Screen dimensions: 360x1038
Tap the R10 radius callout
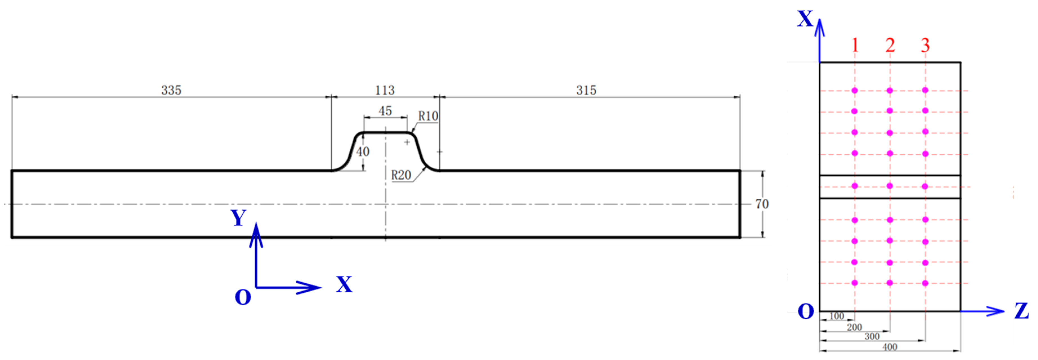tap(428, 116)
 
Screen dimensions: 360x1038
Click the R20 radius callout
tap(401, 175)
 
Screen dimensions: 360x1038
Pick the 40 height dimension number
tap(363, 152)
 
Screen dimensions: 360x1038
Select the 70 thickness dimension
tap(762, 204)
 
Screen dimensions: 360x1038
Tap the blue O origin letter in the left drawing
tap(243, 298)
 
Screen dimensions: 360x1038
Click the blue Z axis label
tap(1021, 311)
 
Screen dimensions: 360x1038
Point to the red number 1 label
tap(855, 45)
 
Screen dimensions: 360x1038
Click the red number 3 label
tap(925, 45)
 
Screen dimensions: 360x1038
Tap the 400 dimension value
tap(890, 347)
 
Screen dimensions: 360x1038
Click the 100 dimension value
tap(836, 316)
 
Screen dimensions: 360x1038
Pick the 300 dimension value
tap(872, 336)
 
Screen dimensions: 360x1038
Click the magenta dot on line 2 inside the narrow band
tap(890, 186)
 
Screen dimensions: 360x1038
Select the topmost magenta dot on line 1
tap(855, 90)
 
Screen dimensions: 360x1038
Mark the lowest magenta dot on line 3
tap(925, 283)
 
